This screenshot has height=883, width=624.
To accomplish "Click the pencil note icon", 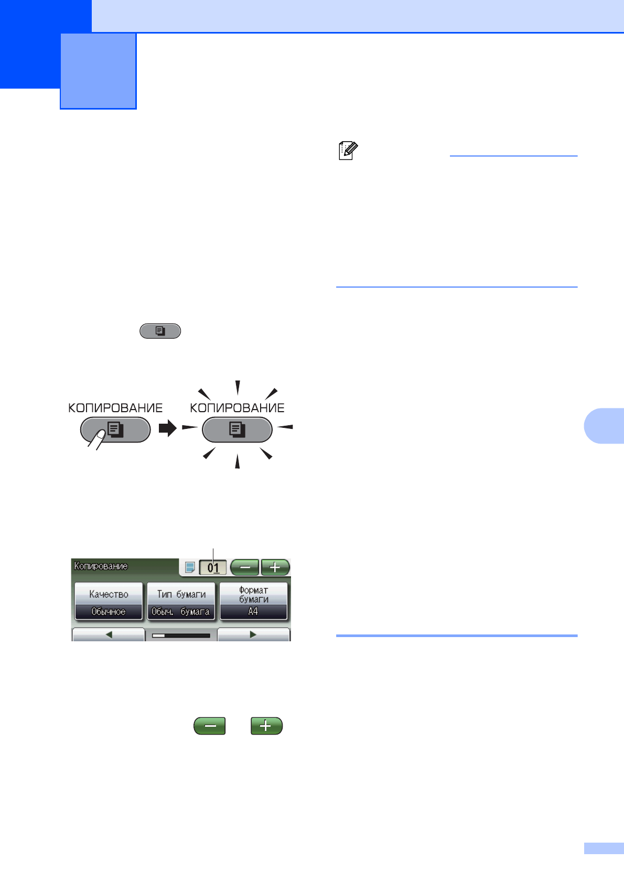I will click(x=348, y=150).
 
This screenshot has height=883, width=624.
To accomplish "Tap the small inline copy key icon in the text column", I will click(x=160, y=331).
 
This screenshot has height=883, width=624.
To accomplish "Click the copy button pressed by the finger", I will click(x=115, y=430).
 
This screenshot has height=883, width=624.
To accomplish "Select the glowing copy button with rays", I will click(x=237, y=430).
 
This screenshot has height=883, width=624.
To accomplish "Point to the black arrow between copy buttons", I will click(x=168, y=429).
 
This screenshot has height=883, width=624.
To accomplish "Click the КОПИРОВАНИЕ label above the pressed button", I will click(x=115, y=408).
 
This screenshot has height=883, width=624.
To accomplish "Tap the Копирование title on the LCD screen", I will click(x=101, y=566).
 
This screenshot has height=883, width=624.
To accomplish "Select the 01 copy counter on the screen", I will click(x=213, y=567).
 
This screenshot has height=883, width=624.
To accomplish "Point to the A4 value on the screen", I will click(x=253, y=612).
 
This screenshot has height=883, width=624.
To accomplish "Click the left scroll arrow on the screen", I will click(x=109, y=634).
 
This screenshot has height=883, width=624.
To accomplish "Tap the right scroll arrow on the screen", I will click(x=253, y=634).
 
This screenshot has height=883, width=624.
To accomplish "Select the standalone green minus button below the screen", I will click(x=210, y=726).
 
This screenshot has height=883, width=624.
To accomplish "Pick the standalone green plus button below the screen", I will click(x=266, y=726).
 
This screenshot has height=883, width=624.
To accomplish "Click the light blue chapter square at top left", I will click(x=99, y=71).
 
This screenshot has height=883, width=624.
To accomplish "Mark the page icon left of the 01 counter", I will click(x=190, y=567).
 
